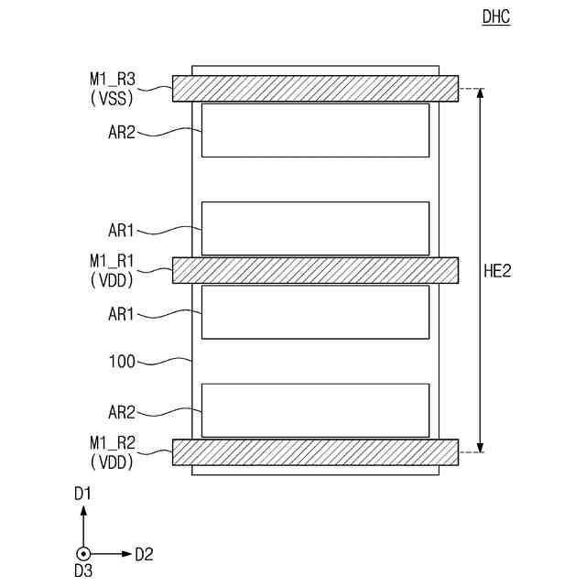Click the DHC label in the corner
coord(495,16)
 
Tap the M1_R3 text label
coord(113,82)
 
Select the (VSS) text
coord(113,99)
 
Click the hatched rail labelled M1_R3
coord(315,88)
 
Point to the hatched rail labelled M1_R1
coord(315,269)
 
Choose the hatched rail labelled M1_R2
coord(315,452)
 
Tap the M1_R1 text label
coord(113,263)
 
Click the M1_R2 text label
coord(113,446)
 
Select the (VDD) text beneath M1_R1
coord(113,280)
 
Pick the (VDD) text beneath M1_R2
coord(113,463)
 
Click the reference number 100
coord(122,362)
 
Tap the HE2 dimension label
coord(497,270)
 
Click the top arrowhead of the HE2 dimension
coord(480,92)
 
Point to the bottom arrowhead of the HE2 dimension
coord(480,448)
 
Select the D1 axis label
coord(83,494)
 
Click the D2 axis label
coord(144,554)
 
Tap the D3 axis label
coord(83,571)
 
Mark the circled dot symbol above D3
coord(83,554)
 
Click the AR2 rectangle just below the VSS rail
coord(315,130)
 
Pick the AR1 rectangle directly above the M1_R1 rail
coord(315,228)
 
